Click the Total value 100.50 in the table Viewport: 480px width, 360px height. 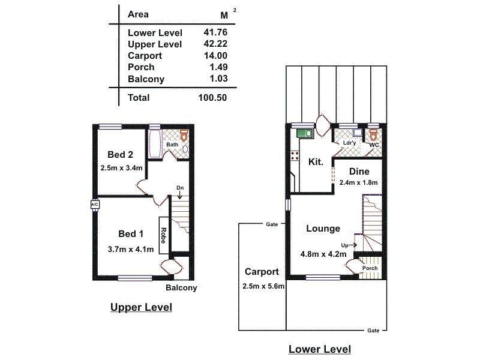click(213, 97)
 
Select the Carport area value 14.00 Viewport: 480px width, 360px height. click(216, 56)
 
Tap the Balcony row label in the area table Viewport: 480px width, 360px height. click(146, 79)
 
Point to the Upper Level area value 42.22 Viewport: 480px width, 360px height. click(216, 44)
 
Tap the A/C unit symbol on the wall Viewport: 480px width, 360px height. click(94, 205)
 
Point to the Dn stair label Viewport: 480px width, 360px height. click(179, 188)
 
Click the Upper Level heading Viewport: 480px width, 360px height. click(141, 307)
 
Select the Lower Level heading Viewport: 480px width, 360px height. click(320, 349)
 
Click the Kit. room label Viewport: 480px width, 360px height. click(316, 162)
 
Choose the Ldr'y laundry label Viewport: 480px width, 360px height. click(349, 144)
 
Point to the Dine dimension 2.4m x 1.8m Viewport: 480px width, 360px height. click(358, 182)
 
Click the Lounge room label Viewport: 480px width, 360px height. click(323, 229)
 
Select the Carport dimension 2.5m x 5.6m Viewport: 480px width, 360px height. click(263, 286)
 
